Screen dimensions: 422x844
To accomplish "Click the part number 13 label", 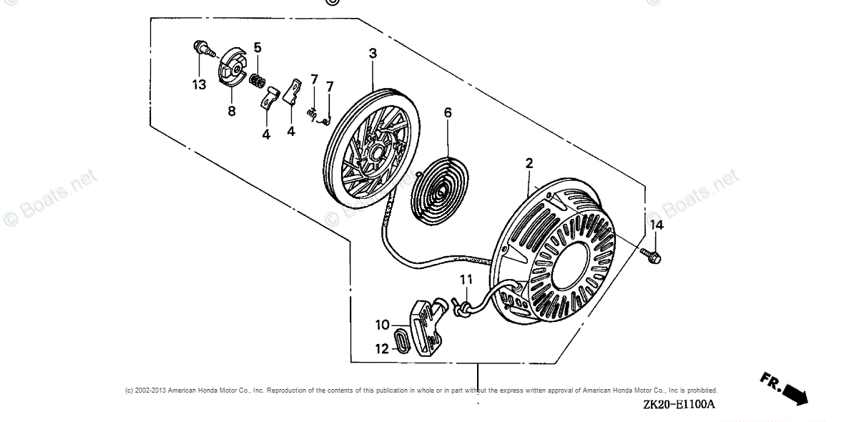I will (198, 84).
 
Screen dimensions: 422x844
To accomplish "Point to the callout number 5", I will (257, 48).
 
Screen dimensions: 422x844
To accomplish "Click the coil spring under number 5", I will (257, 79).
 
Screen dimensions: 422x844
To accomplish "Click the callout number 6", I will (448, 112).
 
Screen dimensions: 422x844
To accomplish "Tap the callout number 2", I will (529, 164).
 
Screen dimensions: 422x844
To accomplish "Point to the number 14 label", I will (656, 225).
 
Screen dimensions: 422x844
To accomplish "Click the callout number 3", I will (373, 53).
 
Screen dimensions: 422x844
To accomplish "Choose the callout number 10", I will (383, 325).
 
